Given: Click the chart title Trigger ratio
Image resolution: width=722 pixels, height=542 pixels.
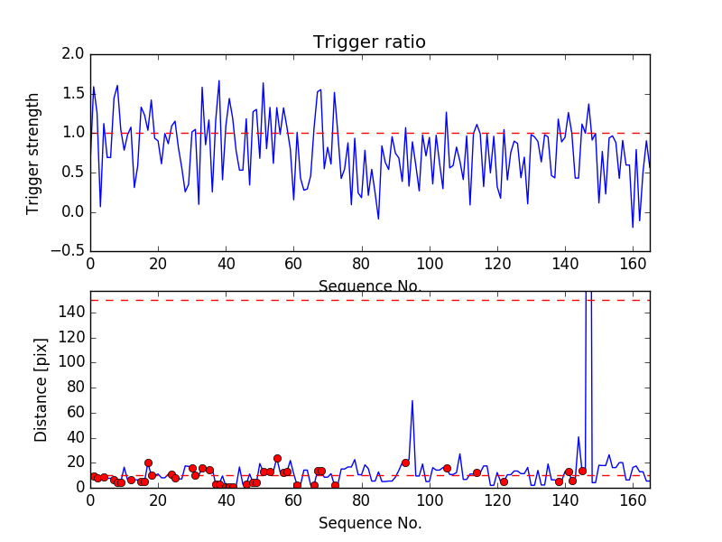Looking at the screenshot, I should tap(369, 42).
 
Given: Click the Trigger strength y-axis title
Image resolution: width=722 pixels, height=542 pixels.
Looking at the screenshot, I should tap(33, 153).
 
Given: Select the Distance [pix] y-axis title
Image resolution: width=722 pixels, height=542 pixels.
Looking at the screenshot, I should tap(42, 388).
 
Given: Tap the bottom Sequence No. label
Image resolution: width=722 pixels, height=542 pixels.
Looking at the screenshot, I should tap(369, 523).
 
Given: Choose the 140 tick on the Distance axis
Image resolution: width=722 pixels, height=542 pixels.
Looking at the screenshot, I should tap(72, 313).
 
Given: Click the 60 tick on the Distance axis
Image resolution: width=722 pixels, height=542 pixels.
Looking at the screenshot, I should tap(76, 413).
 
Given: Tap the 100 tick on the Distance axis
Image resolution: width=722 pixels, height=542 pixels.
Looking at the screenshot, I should tap(72, 362).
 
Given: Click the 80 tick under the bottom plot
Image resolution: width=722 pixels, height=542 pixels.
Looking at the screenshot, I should tap(361, 500).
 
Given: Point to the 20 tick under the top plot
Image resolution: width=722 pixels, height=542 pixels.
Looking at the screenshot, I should tap(158, 265).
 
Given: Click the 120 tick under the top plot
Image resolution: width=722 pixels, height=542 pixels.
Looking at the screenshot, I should tap(496, 265).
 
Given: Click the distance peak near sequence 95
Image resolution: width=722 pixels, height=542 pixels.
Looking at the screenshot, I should tap(412, 401).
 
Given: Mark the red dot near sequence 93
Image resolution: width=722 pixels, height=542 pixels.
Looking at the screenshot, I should tap(405, 463).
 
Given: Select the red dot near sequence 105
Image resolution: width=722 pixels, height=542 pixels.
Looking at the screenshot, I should tap(447, 468).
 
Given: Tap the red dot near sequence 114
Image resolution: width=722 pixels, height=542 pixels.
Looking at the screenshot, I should tap(477, 472).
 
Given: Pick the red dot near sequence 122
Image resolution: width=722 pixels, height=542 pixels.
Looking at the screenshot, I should tap(504, 481).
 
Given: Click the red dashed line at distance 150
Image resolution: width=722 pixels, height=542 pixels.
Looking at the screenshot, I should tap(271, 300).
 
